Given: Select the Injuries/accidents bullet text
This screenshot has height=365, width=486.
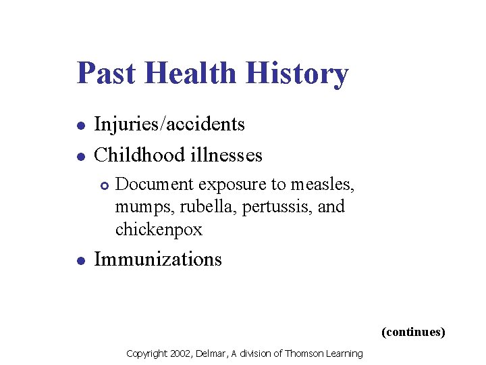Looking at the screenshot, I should pyautogui.click(x=169, y=124).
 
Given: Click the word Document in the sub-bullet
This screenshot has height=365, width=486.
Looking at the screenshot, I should pyautogui.click(x=151, y=184).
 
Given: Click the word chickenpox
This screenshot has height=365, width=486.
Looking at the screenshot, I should pyautogui.click(x=159, y=230).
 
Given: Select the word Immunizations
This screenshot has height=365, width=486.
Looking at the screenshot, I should pyautogui.click(x=158, y=260).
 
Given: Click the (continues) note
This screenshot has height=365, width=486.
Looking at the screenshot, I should pyautogui.click(x=413, y=332).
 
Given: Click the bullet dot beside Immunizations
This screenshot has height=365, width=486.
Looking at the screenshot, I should pyautogui.click(x=80, y=260).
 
